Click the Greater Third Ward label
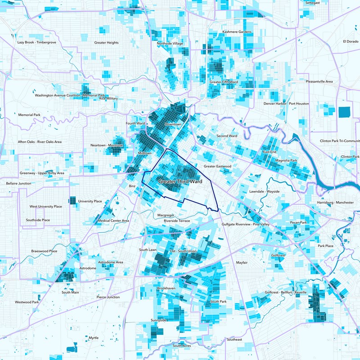pyautogui.click(x=180, y=181)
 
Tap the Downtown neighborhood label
pyautogui.click(x=173, y=124)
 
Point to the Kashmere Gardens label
pyautogui.click(x=237, y=32)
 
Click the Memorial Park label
pyautogui.click(x=29, y=115)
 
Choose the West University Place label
pyautogui.click(x=45, y=207)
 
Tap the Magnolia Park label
pyautogui.click(x=286, y=160)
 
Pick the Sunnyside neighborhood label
pyautogui.click(x=159, y=320)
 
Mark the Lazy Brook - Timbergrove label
pyautogui.click(x=36, y=42)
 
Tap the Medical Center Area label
pyautogui.click(x=113, y=221)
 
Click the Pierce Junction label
pyautogui.click(x=108, y=297)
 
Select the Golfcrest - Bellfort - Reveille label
pyautogui.click(x=286, y=292)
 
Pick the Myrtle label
pyautogui.click(x=94, y=337)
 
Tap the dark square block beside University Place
pyautogui.click(x=72, y=201)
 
